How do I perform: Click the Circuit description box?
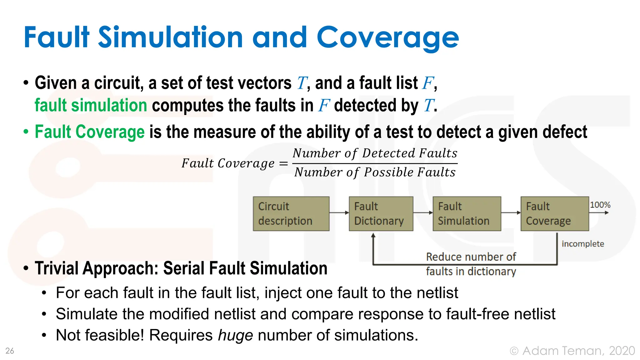tap(291, 214)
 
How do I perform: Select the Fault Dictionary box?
tap(381, 214)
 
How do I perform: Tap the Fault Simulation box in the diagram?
tap(467, 214)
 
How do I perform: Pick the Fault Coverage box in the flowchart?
tap(554, 214)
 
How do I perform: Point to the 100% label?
tap(600, 205)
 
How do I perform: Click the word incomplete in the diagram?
tap(582, 244)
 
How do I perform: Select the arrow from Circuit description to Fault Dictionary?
tap(339, 213)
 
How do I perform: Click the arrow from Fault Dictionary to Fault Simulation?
tap(423, 213)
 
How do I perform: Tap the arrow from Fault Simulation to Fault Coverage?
tap(511, 213)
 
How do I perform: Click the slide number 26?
tap(10, 351)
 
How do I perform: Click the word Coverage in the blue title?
tap(387, 38)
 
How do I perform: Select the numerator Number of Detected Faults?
tap(375, 153)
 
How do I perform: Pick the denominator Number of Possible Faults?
tap(375, 172)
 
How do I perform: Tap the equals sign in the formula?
tap(283, 163)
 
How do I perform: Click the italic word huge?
tap(235, 335)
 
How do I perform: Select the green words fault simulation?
tap(91, 105)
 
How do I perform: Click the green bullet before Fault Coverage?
tap(26, 132)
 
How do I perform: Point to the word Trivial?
tap(56, 268)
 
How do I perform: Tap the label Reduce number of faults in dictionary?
tap(471, 264)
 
